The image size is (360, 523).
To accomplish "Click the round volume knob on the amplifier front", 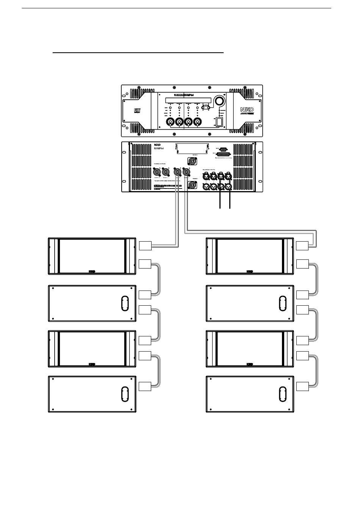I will coord(219,101).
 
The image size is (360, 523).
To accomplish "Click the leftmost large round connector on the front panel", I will coord(170,122).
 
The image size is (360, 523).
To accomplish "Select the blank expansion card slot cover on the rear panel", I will coord(191,150).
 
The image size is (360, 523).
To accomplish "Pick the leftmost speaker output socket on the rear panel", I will coord(157,173).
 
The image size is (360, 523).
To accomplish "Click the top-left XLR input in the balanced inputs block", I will coord(207,176).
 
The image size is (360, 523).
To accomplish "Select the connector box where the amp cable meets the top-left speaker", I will coord(145,246).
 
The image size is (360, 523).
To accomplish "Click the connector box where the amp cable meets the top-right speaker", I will coord(302,246).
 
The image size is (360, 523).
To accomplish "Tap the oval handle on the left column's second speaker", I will coord(125,303).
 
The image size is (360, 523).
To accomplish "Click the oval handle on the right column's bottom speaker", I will coord(282,394).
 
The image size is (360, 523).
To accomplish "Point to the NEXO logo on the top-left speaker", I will coord(92,272).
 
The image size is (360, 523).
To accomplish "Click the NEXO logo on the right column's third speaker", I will coord(249,364).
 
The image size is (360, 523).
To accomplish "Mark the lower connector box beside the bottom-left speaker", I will coord(145,386).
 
